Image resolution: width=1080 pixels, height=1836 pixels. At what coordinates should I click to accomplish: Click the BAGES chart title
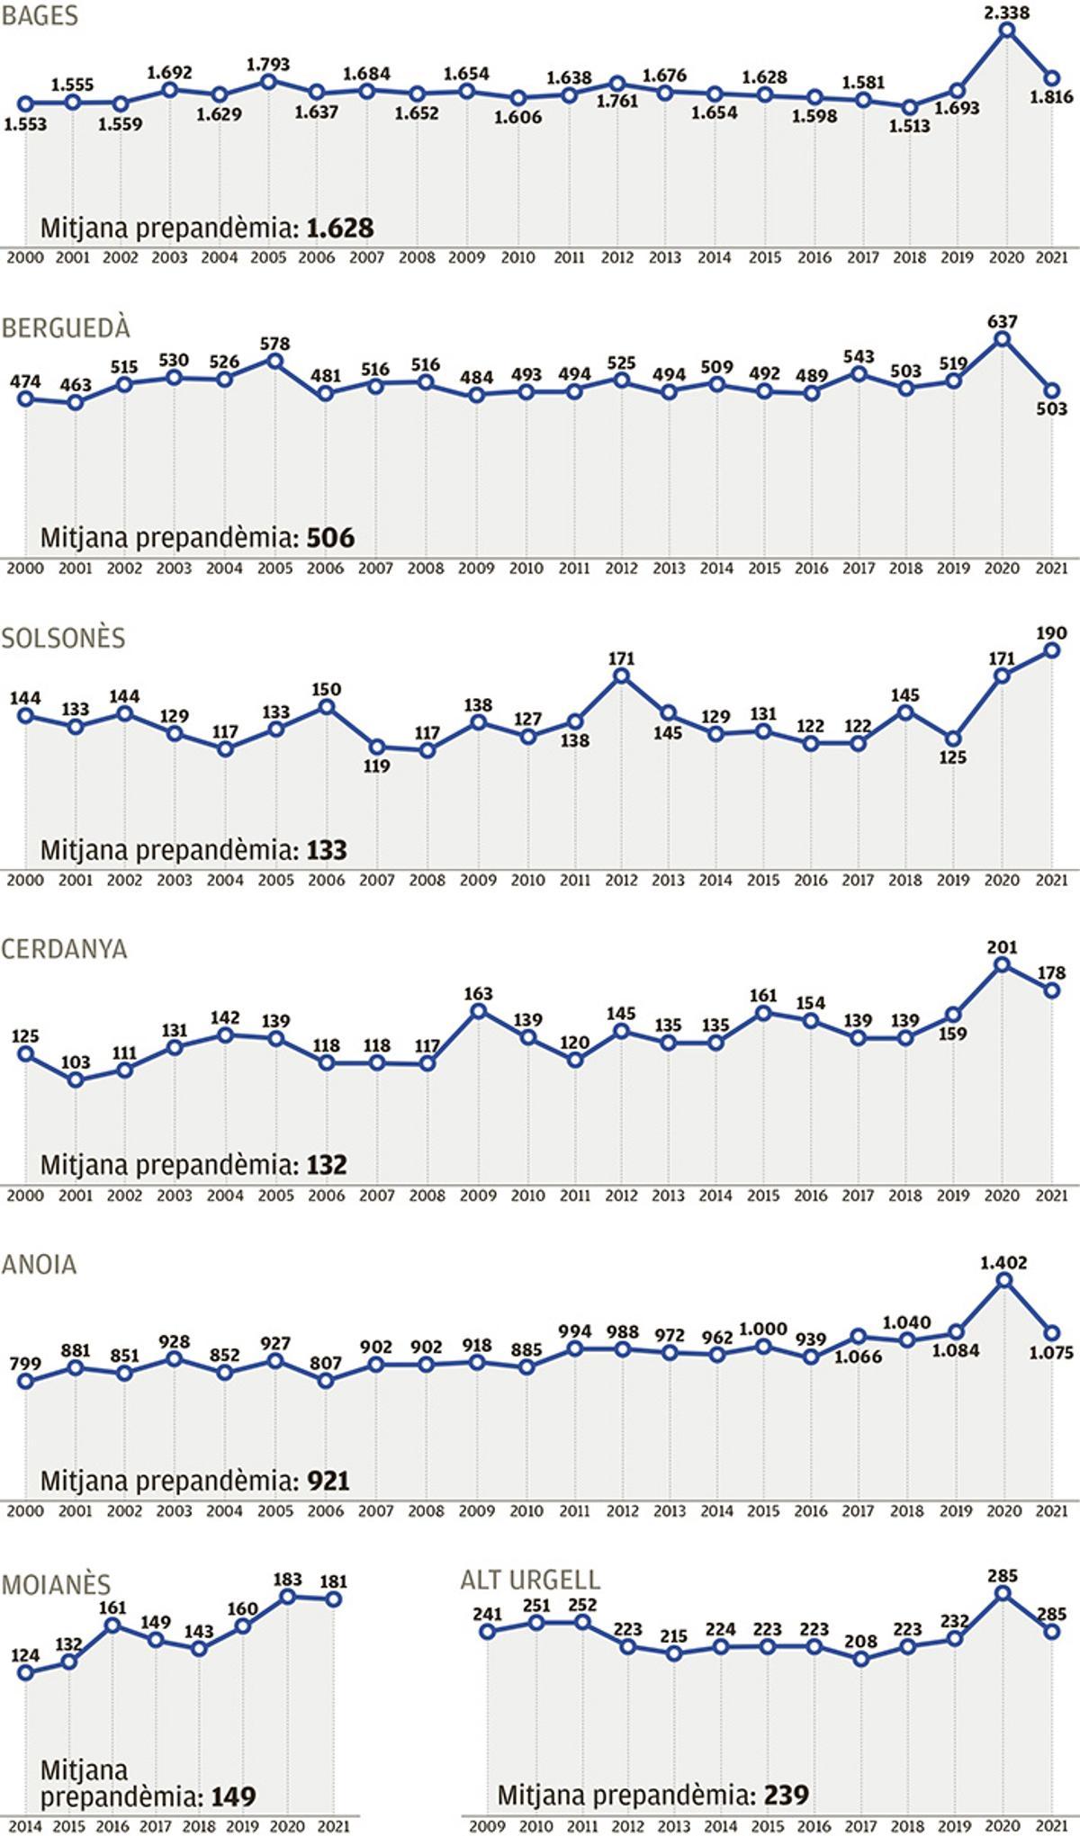(x=40, y=16)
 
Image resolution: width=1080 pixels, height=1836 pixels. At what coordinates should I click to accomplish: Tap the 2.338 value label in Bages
(x=1007, y=12)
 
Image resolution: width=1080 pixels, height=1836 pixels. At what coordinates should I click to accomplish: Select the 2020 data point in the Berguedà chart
(x=1003, y=339)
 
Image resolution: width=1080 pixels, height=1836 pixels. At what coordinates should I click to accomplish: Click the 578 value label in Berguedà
(x=275, y=343)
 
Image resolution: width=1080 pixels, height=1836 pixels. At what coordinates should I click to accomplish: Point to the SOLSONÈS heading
(x=63, y=638)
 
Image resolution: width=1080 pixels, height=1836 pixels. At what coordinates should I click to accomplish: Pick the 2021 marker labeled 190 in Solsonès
(x=1050, y=650)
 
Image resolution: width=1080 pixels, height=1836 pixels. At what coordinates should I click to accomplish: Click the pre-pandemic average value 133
(x=327, y=850)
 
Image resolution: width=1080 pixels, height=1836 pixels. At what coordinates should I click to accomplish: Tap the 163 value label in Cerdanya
(x=478, y=993)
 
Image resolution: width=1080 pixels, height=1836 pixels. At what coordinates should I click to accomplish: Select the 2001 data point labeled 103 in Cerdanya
(x=76, y=1079)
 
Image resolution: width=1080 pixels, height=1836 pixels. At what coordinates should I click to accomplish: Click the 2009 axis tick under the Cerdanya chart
(x=478, y=1196)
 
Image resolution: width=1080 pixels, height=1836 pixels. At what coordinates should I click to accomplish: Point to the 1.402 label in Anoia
(x=1003, y=1263)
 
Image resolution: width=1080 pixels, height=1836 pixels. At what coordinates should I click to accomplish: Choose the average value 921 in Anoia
(x=328, y=1481)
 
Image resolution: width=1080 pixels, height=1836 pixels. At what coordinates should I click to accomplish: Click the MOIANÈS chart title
(x=56, y=1584)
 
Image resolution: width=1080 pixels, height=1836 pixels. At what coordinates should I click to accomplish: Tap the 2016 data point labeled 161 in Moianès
(x=113, y=1626)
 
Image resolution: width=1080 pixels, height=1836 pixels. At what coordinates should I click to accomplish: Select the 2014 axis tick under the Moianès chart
(x=24, y=1826)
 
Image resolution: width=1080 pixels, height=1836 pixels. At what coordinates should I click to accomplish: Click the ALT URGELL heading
(x=530, y=1580)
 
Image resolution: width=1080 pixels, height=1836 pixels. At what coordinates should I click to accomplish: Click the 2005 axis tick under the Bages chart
(x=267, y=257)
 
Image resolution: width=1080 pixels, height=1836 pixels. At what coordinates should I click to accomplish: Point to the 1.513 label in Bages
(x=911, y=126)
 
